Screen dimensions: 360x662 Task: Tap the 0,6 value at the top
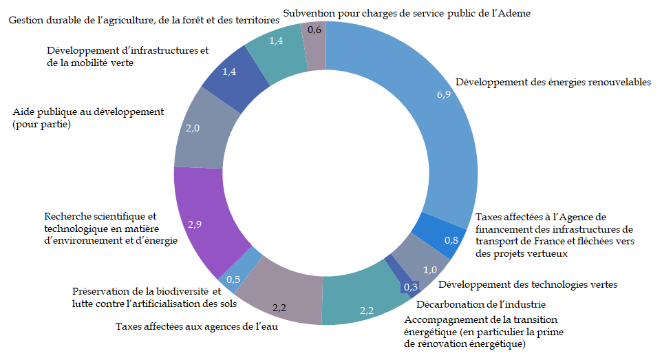click(314, 30)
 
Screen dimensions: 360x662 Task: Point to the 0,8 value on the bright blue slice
click(451, 240)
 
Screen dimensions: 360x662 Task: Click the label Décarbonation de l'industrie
click(481, 304)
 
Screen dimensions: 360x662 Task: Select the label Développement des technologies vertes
click(528, 284)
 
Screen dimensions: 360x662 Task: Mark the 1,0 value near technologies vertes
click(429, 269)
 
